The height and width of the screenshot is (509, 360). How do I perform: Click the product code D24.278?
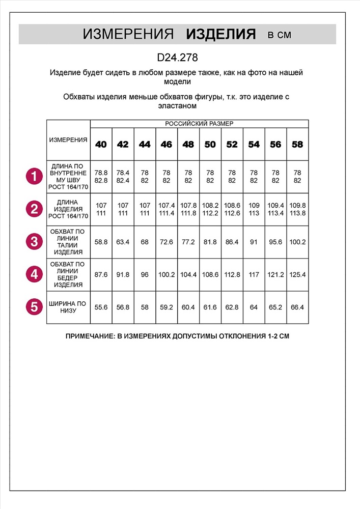pyautogui.click(x=177, y=59)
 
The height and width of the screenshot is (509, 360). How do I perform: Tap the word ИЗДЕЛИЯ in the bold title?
pyautogui.click(x=220, y=34)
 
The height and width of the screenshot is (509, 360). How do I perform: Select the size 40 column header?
pyautogui.click(x=101, y=145)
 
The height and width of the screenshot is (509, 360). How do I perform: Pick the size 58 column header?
pyautogui.click(x=297, y=145)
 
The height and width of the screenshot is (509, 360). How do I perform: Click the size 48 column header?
pyautogui.click(x=188, y=145)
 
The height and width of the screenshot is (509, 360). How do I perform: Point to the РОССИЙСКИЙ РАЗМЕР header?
pyautogui.click(x=199, y=123)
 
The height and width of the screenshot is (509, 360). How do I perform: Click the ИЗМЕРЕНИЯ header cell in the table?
pyautogui.click(x=68, y=140)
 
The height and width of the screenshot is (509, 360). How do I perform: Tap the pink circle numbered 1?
pyautogui.click(x=34, y=177)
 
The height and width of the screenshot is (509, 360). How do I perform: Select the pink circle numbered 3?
pyautogui.click(x=34, y=242)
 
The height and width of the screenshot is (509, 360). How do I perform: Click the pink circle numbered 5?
pyautogui.click(x=34, y=307)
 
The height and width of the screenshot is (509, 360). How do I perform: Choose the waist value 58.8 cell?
pyautogui.click(x=101, y=242)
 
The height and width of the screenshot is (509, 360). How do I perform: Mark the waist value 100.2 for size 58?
pyautogui.click(x=297, y=242)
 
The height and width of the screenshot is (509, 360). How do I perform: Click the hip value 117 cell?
pyautogui.click(x=254, y=274)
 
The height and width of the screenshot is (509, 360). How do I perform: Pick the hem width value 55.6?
pyautogui.click(x=101, y=307)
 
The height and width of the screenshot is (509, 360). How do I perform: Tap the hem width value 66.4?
pyautogui.click(x=297, y=307)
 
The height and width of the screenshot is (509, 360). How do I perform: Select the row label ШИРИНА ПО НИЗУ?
pyautogui.click(x=68, y=307)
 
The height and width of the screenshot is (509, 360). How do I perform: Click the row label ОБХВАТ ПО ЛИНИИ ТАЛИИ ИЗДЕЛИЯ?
pyautogui.click(x=68, y=242)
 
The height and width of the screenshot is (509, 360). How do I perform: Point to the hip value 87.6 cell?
pyautogui.click(x=101, y=274)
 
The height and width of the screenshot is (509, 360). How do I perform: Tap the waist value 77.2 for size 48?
pyautogui.click(x=188, y=242)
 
